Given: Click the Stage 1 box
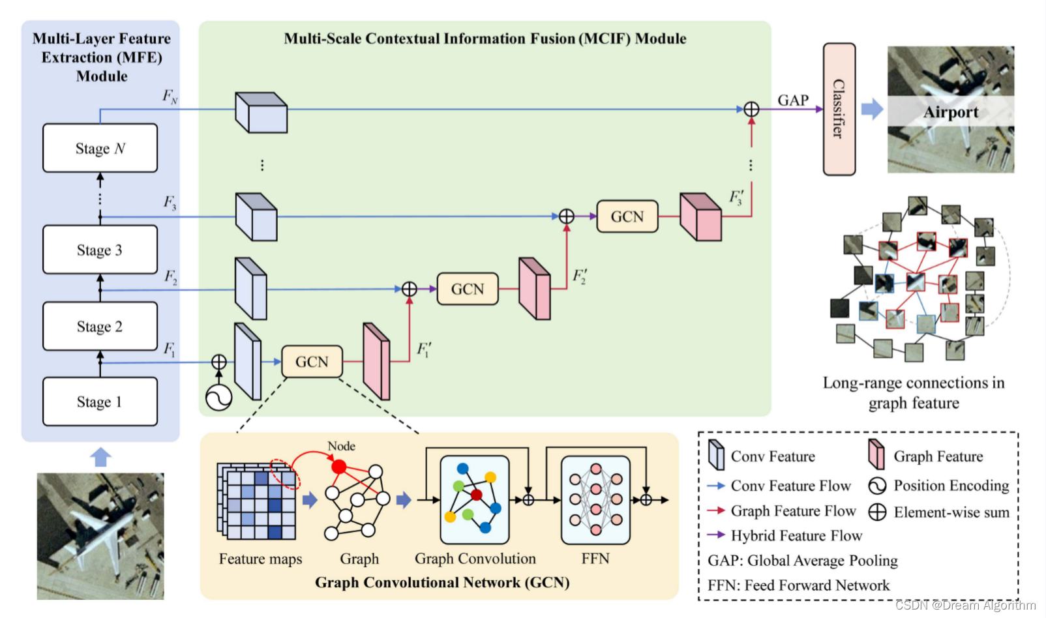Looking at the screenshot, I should pos(100,402).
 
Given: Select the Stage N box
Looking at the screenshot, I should pos(100,148).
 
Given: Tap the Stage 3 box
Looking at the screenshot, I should pos(100,250).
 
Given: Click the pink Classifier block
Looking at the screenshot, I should pos(839,109).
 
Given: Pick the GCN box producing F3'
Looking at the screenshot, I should pos(627,216).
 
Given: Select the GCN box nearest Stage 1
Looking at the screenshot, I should pos(312,361).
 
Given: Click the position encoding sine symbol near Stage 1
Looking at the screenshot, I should pos(219,397).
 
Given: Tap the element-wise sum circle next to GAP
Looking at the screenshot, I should pos(751,110).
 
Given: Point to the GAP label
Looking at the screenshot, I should pos(793,100).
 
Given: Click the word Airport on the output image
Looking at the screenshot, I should pos(950,112).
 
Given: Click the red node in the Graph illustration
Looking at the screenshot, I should pos(338,467).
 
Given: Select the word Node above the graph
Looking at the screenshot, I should pos(341,446).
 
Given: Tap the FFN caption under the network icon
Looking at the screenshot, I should pos(595,559).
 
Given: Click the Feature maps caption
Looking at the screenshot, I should pos(260,559).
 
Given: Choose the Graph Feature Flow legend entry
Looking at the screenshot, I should pos(792,511).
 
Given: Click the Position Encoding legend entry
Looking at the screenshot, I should pos(951,486).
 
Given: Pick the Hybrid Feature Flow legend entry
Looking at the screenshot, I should pos(796,536).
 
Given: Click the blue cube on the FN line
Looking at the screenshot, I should pos(261,113).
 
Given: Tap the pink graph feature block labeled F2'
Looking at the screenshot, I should pos(535,289).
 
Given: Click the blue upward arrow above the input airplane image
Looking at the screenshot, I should pos(100,456).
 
